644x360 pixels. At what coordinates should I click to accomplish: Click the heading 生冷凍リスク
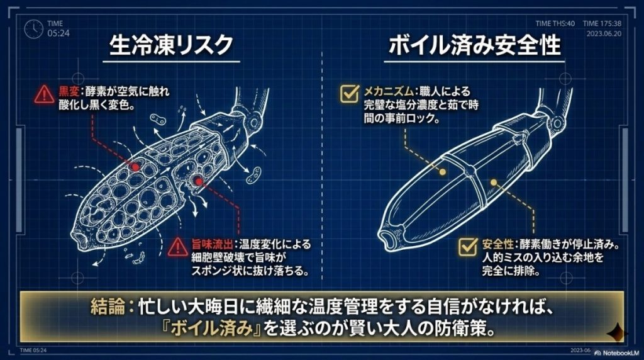171,45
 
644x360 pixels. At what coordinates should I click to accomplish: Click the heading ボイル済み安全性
474,45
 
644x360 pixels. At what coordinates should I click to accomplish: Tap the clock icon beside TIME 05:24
33,29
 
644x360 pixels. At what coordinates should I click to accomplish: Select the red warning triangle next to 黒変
44,95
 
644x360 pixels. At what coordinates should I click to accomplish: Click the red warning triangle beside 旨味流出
178,247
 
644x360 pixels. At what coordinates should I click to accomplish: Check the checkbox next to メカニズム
350,93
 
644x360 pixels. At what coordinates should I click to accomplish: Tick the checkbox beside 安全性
468,246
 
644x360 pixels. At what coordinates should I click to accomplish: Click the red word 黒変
69,91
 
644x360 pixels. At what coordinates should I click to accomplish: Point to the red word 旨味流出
212,245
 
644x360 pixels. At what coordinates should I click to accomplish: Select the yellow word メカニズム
388,91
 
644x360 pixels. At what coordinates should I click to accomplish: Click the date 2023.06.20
604,34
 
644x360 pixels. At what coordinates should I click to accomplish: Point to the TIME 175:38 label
602,23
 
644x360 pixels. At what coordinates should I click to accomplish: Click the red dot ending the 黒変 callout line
136,167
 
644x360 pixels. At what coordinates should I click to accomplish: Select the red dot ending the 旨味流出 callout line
199,181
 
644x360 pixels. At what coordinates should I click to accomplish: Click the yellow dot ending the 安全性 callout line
494,182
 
